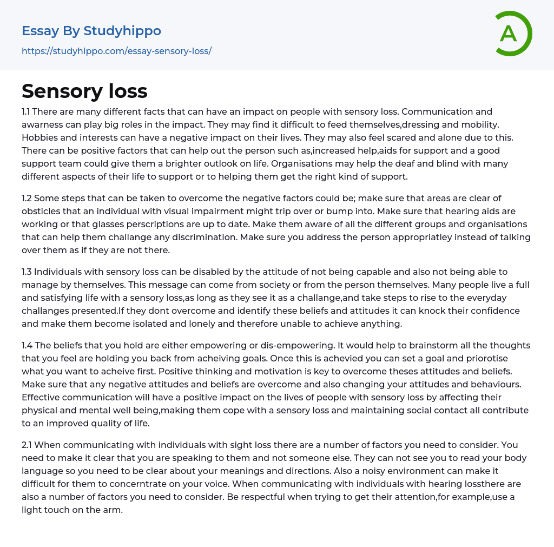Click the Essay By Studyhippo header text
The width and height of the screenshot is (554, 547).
tap(91, 31)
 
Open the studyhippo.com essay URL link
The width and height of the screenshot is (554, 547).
tap(116, 51)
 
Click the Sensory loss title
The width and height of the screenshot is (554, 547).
tap(84, 91)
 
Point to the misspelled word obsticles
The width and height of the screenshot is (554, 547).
tap(43, 212)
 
